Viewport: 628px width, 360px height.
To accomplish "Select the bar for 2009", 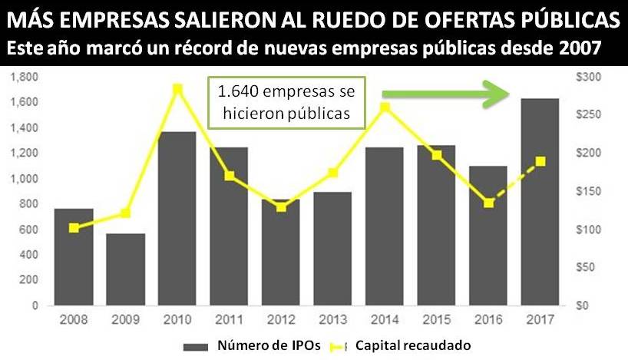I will [x=126, y=269].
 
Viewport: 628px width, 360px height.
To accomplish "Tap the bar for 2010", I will [x=177, y=218].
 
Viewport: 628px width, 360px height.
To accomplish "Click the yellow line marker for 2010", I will [x=178, y=89].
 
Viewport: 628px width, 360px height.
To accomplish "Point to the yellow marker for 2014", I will [x=385, y=107].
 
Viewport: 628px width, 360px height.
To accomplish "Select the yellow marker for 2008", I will [x=74, y=228].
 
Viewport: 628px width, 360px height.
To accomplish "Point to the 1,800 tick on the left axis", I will [x=26, y=77].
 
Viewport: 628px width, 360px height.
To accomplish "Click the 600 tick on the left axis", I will [x=31, y=230].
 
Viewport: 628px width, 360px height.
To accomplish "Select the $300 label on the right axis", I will [x=594, y=77].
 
